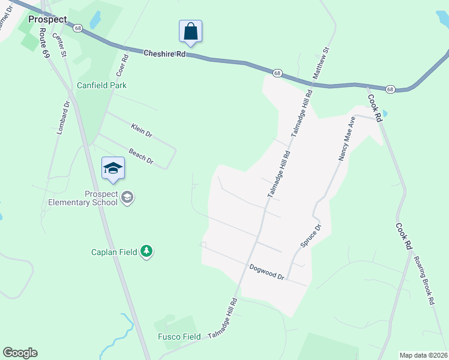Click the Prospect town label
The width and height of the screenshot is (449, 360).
pos(47,19)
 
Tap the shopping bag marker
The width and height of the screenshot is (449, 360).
pos(190,32)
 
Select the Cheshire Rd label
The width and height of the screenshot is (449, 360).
pos(165,53)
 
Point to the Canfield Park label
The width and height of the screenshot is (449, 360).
pos(101,85)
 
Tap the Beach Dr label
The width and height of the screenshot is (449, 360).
pos(142,157)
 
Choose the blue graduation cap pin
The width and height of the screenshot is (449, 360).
pos(113,169)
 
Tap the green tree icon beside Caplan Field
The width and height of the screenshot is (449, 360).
pos(146,251)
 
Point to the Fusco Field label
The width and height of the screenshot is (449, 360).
pos(179,337)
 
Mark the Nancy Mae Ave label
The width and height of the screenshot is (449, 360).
pos(347,139)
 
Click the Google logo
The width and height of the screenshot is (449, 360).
pos(20,353)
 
